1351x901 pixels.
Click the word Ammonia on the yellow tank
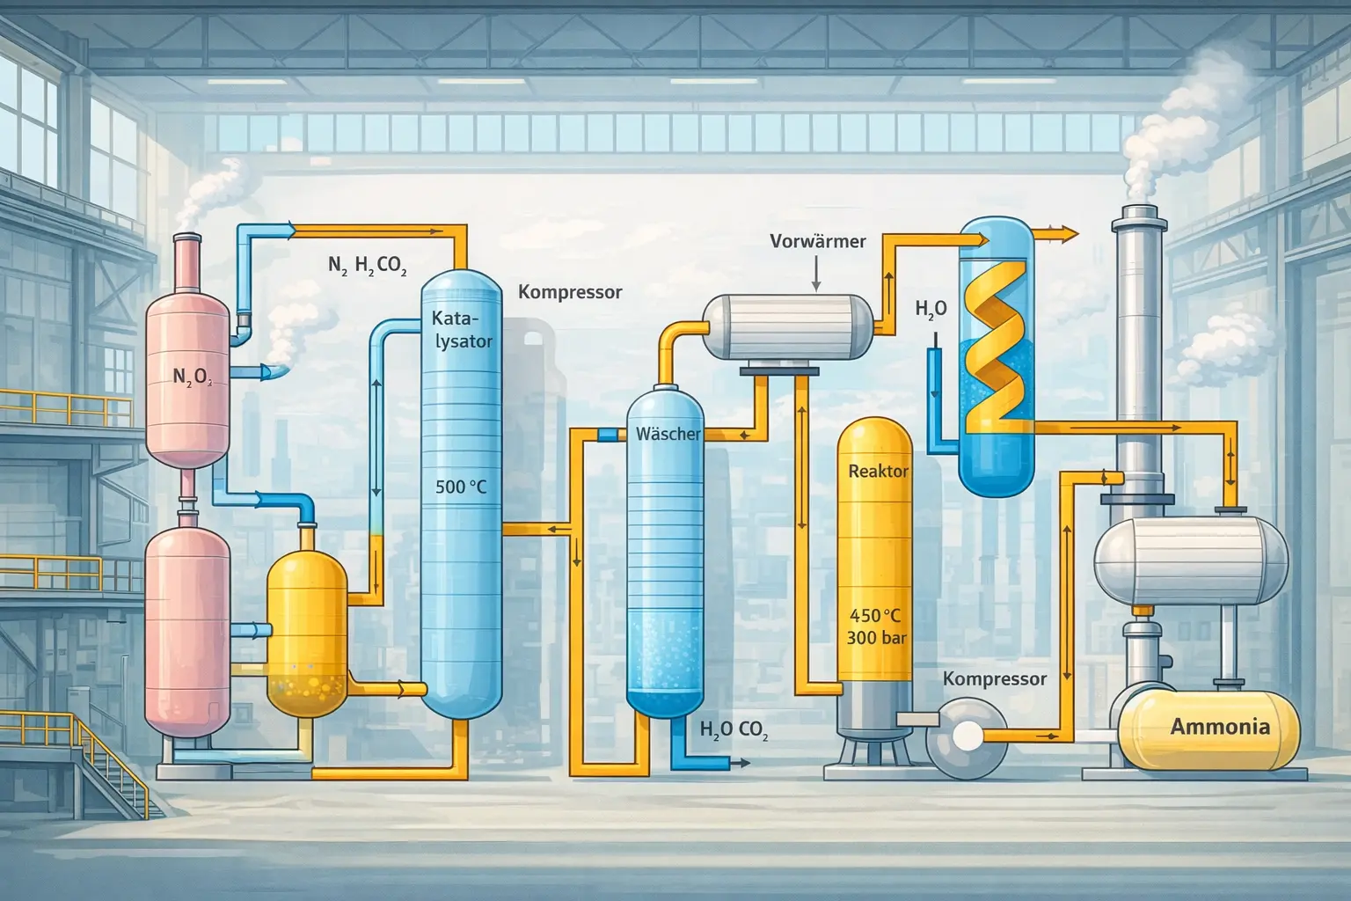point(1220,727)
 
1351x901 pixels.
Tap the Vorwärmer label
point(817,240)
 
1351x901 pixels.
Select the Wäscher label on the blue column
point(668,434)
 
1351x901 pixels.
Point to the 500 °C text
point(461,486)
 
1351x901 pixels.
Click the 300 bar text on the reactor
point(874,637)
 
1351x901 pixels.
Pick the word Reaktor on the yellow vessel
point(878,472)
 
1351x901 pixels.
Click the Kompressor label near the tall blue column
point(570,292)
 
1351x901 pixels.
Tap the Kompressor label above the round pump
point(994,679)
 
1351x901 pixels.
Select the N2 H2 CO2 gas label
point(367,265)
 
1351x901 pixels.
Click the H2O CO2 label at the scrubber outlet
point(733,729)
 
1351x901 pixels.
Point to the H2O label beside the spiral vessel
point(931,309)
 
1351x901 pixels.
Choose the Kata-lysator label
point(462,330)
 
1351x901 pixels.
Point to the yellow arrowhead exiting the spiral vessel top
point(1069,233)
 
